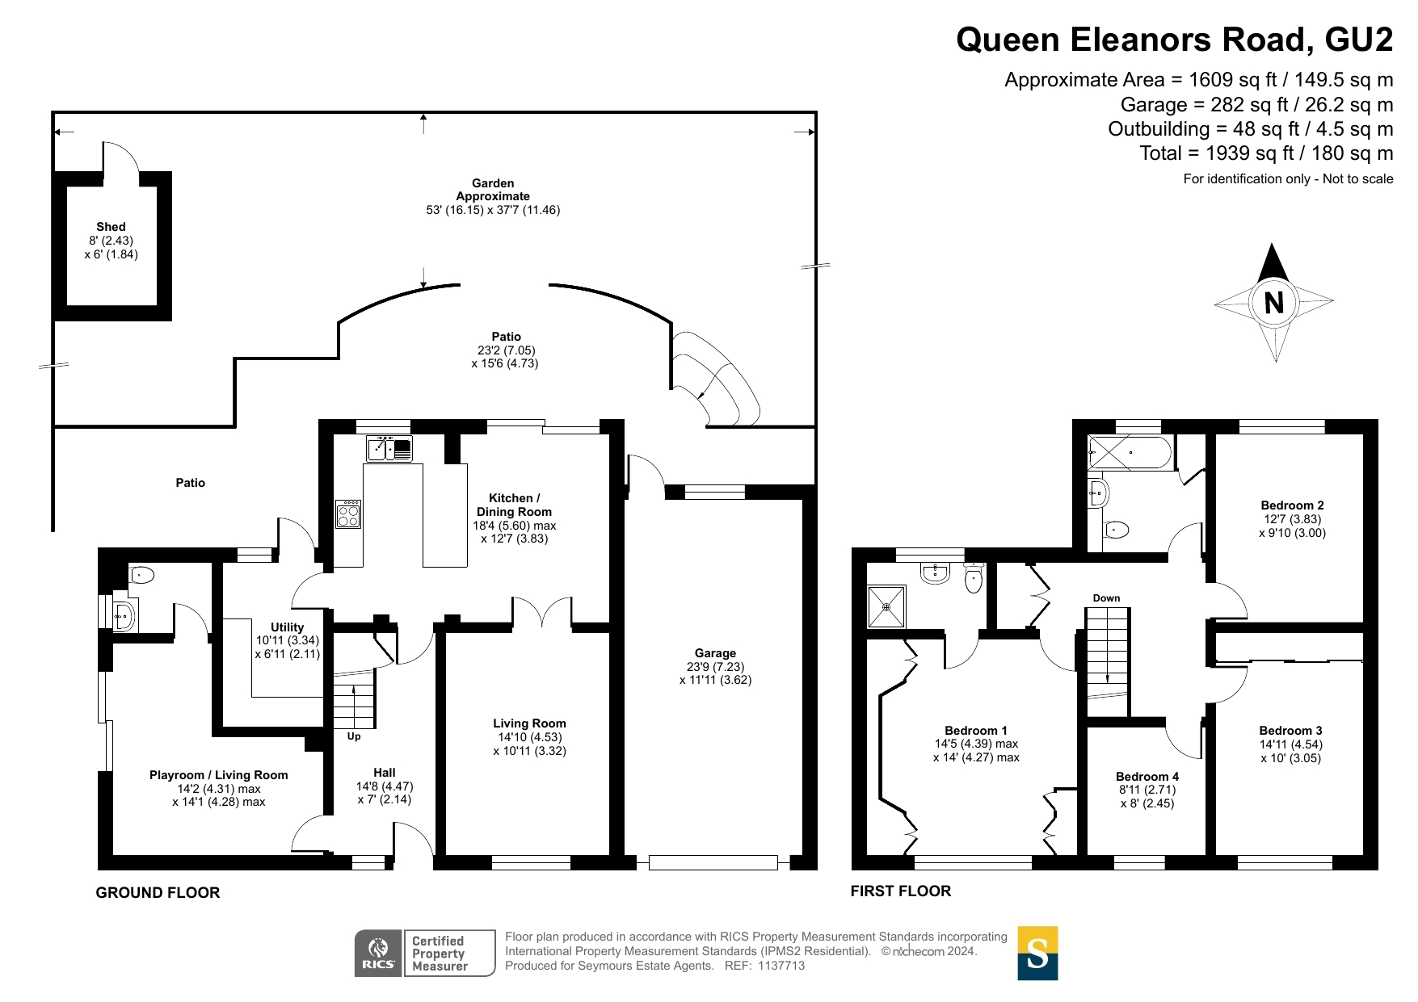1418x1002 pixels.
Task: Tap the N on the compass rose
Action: click(x=1274, y=303)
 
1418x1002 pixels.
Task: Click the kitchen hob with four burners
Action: click(x=349, y=514)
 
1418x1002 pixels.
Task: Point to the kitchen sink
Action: click(x=389, y=448)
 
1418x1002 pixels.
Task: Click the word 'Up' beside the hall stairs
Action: click(x=354, y=736)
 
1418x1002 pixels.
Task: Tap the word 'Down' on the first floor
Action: click(x=1106, y=598)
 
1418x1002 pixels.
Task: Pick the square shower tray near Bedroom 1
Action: click(x=886, y=606)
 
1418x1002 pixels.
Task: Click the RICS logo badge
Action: click(x=378, y=953)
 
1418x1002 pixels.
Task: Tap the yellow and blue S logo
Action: click(x=1037, y=953)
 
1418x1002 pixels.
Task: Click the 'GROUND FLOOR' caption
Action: click(x=158, y=892)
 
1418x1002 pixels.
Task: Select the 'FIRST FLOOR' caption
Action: click(x=901, y=891)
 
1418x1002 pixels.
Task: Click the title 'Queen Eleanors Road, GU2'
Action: click(x=1175, y=40)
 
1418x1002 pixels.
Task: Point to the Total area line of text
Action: click(x=1266, y=153)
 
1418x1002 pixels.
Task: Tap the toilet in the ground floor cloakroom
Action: click(x=141, y=576)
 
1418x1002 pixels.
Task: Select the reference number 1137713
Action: click(x=781, y=966)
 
